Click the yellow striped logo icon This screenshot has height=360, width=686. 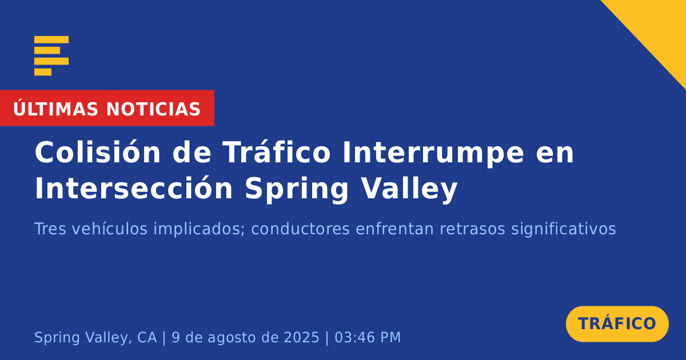[x=51, y=56]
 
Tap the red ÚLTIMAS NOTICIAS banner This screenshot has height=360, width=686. [x=107, y=108]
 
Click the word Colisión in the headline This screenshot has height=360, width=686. [x=98, y=153]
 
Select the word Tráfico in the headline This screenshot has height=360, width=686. [x=277, y=153]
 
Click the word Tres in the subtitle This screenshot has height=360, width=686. [x=50, y=229]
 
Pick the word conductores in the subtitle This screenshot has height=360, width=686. [x=300, y=229]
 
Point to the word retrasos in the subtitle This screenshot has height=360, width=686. [x=472, y=229]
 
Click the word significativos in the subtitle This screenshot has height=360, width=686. [x=564, y=230]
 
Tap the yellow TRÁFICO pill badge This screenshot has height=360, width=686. [x=617, y=323]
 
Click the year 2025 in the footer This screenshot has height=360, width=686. [x=301, y=337]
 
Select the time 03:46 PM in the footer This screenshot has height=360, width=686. [x=368, y=337]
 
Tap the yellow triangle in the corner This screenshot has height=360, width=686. [x=659, y=27]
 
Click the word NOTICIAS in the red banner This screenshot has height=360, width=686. [x=153, y=109]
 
